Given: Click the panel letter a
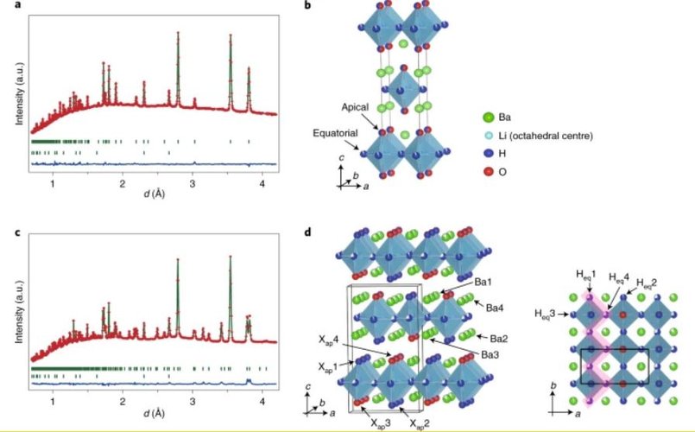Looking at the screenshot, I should click(17, 4).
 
